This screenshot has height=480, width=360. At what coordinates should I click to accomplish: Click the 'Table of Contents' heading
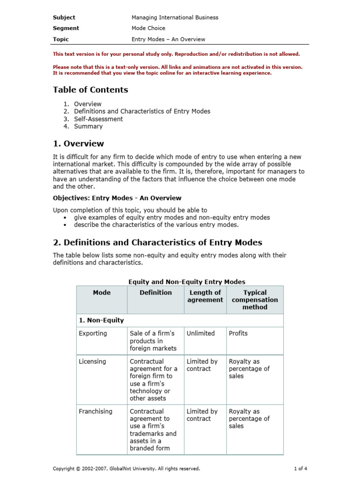tap(90, 90)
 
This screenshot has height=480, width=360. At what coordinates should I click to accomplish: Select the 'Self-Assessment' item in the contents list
tap(98, 119)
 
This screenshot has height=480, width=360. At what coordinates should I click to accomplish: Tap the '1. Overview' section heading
tap(78, 143)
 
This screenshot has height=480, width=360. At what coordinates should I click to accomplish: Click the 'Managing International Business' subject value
tap(175, 17)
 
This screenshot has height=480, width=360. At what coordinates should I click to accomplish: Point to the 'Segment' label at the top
tap(66, 28)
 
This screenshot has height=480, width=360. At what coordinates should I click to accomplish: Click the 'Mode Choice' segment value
tap(148, 28)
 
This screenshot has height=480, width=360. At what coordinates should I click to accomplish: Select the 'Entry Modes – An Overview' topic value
tap(168, 39)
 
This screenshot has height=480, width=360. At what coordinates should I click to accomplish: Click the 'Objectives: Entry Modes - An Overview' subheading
tap(117, 198)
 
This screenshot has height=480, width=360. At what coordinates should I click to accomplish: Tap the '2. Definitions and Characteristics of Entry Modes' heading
tap(157, 242)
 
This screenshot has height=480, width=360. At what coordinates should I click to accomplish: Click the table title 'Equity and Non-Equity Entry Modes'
tap(187, 282)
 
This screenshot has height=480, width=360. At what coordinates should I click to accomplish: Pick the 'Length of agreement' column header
tap(205, 296)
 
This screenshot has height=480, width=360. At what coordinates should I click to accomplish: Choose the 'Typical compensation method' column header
tap(255, 300)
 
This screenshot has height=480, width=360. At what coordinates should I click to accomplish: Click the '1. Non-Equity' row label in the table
tap(101, 320)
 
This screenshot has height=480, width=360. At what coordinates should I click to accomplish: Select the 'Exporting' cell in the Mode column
tap(93, 333)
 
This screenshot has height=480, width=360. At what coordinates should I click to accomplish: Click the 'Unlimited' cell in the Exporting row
tap(201, 333)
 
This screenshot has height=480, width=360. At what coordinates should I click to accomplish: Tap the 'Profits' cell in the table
tap(238, 333)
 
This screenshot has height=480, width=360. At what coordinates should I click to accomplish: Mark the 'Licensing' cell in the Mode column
tap(93, 361)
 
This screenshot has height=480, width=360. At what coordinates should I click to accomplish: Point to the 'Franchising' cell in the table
tap(96, 411)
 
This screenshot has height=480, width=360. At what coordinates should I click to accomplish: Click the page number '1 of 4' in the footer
tap(300, 468)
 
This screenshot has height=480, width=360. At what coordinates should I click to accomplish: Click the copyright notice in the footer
tap(126, 468)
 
